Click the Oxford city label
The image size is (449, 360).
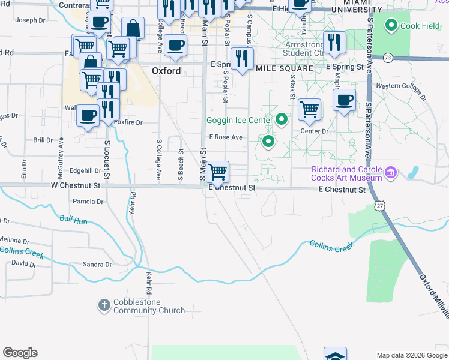(x=166, y=71)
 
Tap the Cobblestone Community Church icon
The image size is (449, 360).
(x=104, y=305)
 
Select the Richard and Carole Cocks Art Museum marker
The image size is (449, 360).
(x=391, y=173)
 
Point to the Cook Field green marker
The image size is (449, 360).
(x=391, y=26)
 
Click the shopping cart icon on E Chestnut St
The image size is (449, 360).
(x=218, y=172)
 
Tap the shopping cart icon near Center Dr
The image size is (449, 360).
(x=309, y=109)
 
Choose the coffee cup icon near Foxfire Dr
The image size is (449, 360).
(x=88, y=115)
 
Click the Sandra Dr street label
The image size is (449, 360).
(x=97, y=264)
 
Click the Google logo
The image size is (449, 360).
(x=20, y=353)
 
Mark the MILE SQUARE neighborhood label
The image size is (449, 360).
(x=285, y=68)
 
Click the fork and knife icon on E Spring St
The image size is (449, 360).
(x=241, y=58)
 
